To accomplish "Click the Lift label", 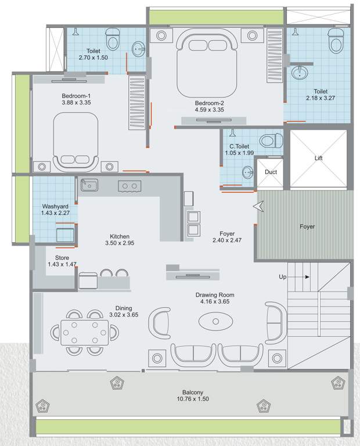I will click(318, 158).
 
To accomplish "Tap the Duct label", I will click(271, 172).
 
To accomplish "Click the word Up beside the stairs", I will click(283, 277).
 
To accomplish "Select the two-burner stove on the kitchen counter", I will click(129, 186).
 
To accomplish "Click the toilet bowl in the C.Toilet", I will click(270, 141).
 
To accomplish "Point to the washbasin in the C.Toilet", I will click(247, 172).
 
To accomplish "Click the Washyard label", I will click(56, 206).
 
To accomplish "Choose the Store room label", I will click(62, 257).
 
